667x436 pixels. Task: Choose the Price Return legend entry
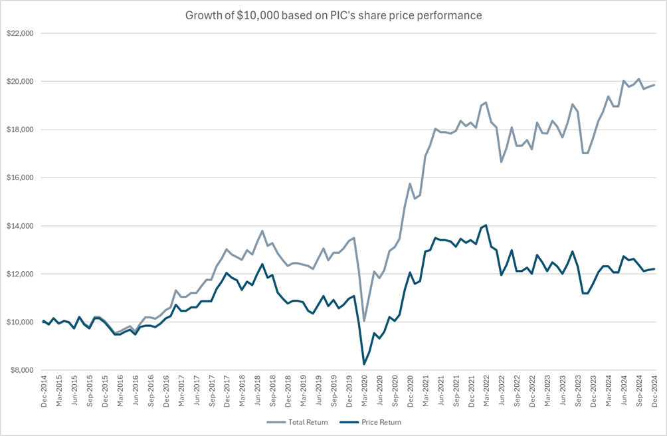point(375,422)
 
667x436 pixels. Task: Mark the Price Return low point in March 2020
point(364,364)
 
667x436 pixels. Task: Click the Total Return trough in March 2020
point(364,321)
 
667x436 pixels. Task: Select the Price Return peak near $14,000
point(486,225)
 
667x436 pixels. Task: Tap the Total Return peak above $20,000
point(639,79)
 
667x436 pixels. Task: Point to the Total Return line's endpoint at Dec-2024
point(654,84)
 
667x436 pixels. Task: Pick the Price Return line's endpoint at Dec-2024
point(654,269)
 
